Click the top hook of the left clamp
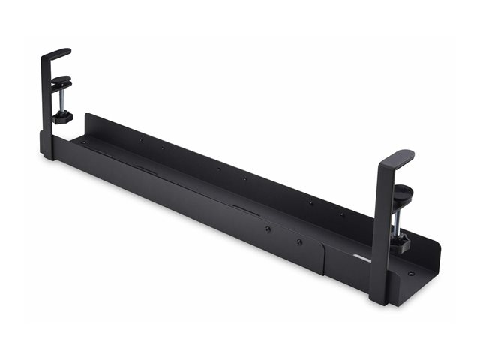coord(57,54)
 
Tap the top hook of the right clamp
coord(397,158)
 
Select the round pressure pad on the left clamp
coord(61,80)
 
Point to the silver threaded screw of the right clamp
coord(402,217)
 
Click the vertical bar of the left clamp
coord(46,105)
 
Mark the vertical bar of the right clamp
coord(382,225)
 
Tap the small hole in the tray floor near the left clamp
coord(84,142)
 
